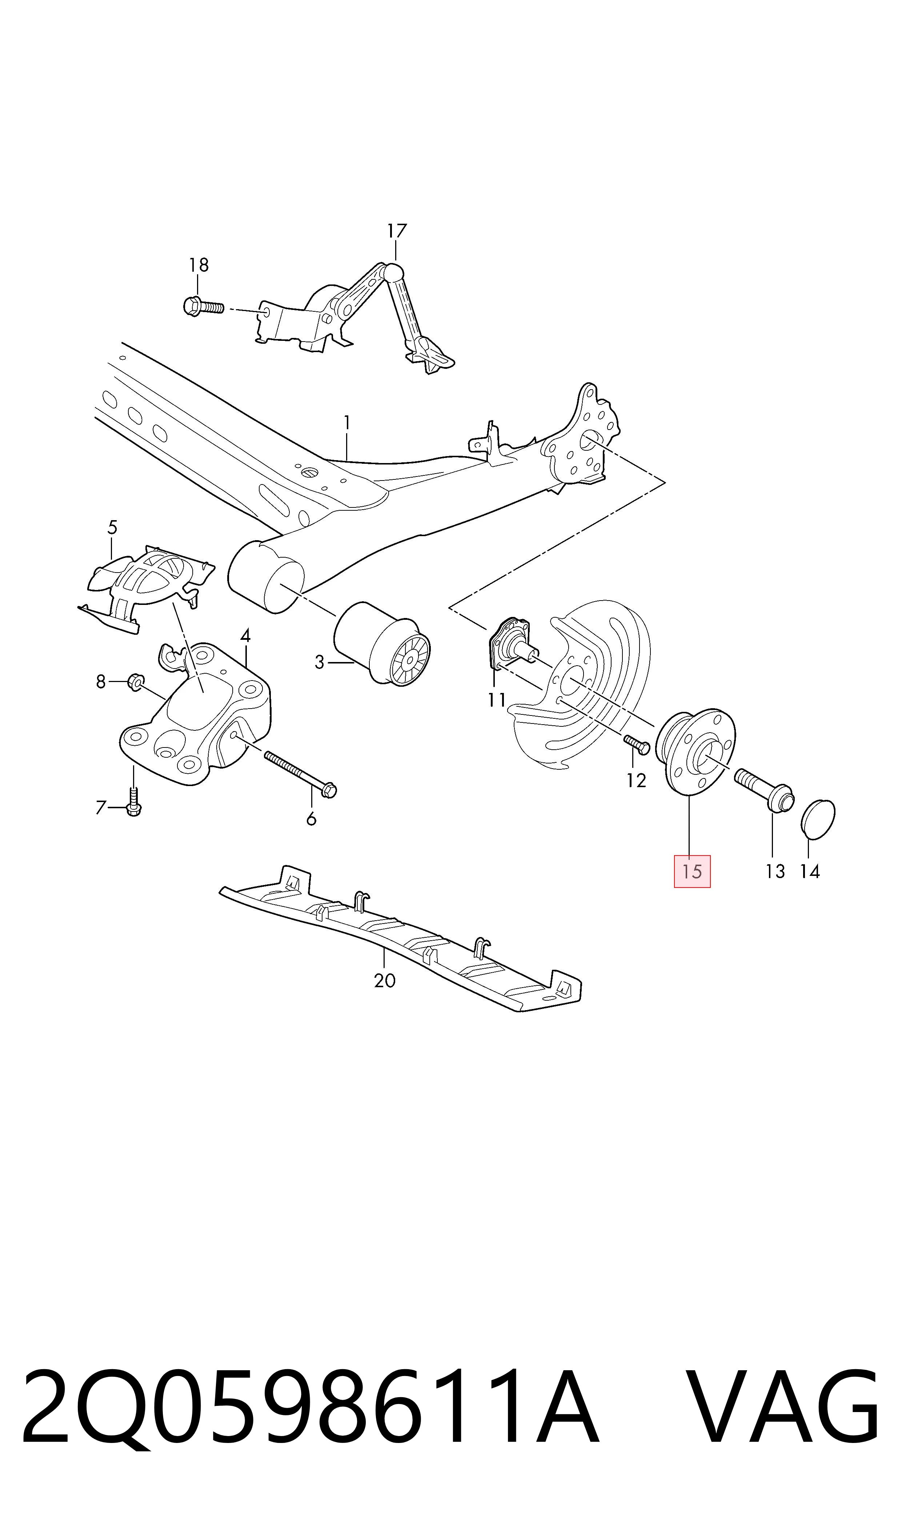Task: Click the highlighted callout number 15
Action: tap(692, 871)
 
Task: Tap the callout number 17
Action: tap(396, 231)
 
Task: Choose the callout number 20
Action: tap(385, 980)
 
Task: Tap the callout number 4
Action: tap(245, 636)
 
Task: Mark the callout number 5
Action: tap(112, 527)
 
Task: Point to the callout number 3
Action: tap(320, 662)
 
